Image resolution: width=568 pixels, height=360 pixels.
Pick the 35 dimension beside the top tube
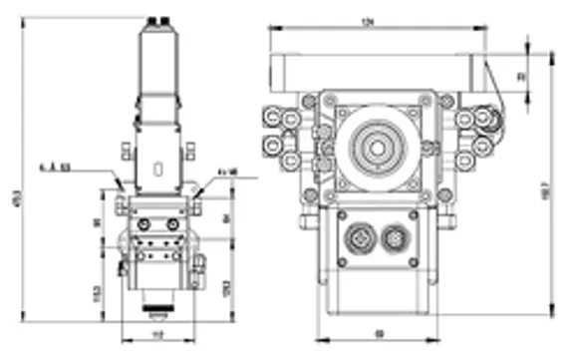520,75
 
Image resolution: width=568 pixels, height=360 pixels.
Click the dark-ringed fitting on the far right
487,121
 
